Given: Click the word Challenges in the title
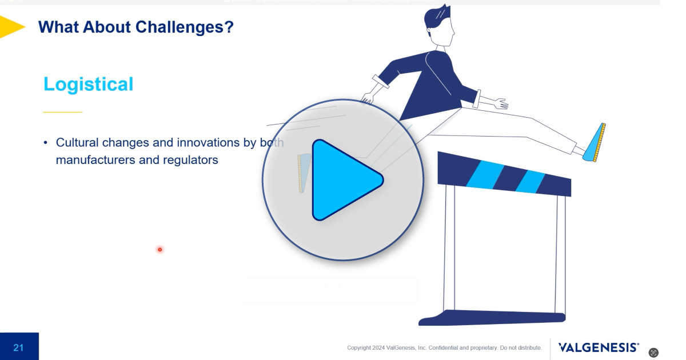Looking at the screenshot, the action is click(184, 27).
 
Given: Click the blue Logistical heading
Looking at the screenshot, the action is click(89, 84).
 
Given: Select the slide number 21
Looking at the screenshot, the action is click(18, 347).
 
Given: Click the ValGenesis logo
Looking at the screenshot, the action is click(599, 347).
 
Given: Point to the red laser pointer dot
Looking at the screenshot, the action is click(160, 250).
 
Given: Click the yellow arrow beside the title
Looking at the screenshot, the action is click(12, 27).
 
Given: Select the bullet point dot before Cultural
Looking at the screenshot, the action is click(46, 143).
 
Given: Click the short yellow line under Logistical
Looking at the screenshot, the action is click(62, 113).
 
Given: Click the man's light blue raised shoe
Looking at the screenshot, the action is click(595, 142).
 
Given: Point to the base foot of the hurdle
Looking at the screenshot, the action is click(492, 318).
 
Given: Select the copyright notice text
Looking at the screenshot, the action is click(444, 348).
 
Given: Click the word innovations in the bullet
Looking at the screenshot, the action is click(208, 143).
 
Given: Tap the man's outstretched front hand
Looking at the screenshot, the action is click(501, 103).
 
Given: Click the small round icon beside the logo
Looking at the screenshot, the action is click(653, 353).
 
